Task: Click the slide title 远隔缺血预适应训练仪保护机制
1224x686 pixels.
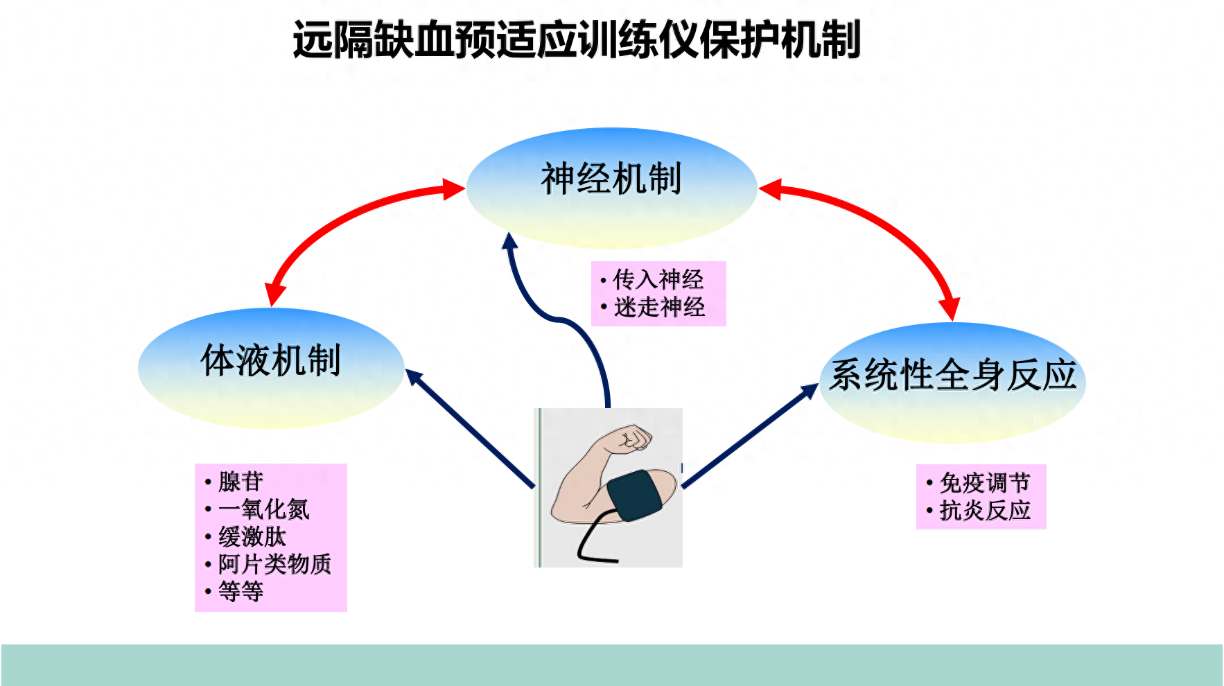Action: point(577,39)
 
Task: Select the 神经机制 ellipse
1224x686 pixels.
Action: point(611,188)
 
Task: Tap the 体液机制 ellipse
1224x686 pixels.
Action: point(271,368)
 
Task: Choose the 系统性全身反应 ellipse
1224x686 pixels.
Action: point(952,383)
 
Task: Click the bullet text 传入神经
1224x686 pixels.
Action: point(658,279)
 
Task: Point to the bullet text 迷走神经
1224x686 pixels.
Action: point(659,307)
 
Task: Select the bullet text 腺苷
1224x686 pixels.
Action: point(241,481)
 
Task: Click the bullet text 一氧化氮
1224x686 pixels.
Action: point(263,509)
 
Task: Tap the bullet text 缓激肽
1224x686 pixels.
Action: point(252,536)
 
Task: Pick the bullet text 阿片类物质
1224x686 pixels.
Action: point(275,564)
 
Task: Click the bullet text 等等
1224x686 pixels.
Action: point(241,591)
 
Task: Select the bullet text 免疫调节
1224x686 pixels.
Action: point(985,482)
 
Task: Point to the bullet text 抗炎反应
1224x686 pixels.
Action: point(985,510)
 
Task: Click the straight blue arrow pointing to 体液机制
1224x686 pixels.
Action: point(470,428)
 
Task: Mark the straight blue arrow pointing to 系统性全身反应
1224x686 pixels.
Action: point(751,435)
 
